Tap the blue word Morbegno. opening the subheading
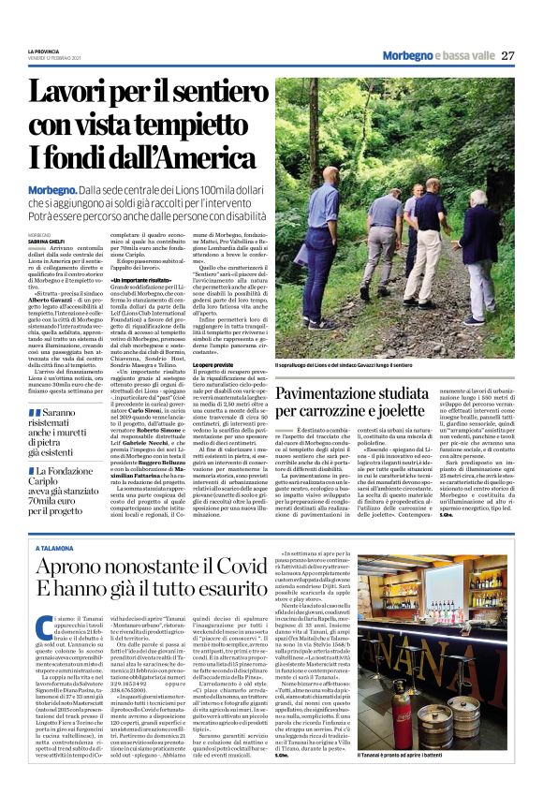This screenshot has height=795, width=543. click(61, 189)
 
